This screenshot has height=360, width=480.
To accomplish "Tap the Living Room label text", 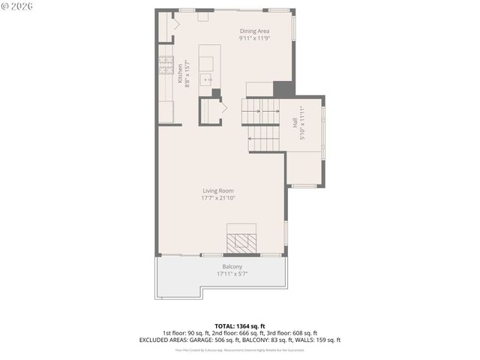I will tap(218, 191).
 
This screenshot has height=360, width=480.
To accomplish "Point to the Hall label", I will tap(294, 122).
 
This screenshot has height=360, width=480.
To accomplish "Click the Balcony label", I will tap(232, 267).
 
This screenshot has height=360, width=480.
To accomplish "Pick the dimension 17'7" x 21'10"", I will tap(218, 199).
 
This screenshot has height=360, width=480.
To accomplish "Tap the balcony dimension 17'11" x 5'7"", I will tap(232, 274).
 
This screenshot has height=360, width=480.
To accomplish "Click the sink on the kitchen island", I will tap(209, 79).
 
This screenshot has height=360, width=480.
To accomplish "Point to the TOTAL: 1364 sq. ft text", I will tap(240, 326).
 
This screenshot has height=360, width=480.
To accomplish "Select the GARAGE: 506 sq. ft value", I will tap(216, 340).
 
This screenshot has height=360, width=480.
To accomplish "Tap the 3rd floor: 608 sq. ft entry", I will tap(292, 333).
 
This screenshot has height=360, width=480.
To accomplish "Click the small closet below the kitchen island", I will tap(211, 110).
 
